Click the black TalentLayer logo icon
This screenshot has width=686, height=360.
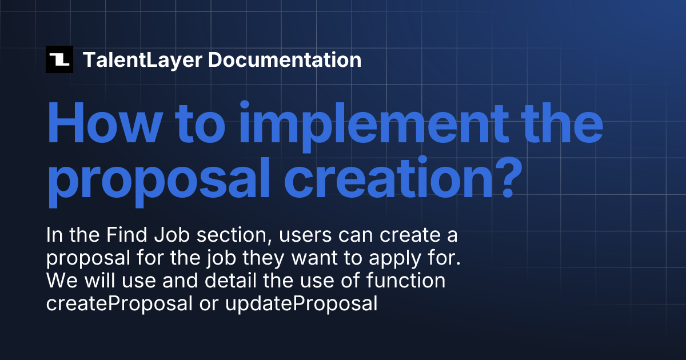[x=59, y=59]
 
